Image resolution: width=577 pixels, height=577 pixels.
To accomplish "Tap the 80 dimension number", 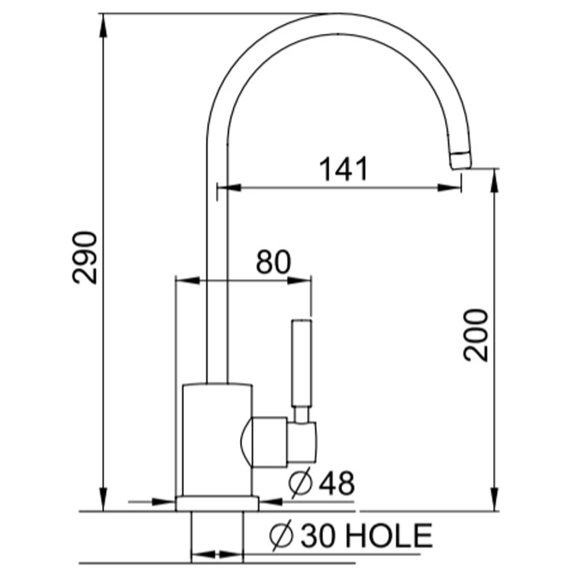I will [x=273, y=263].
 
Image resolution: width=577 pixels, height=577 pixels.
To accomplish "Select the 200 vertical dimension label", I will [x=477, y=335].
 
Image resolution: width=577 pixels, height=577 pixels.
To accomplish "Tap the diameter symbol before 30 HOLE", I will [x=282, y=536].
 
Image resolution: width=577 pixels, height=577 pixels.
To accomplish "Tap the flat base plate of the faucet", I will [x=217, y=504].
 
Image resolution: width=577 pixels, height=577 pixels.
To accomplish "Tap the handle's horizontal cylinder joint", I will [x=271, y=442].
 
